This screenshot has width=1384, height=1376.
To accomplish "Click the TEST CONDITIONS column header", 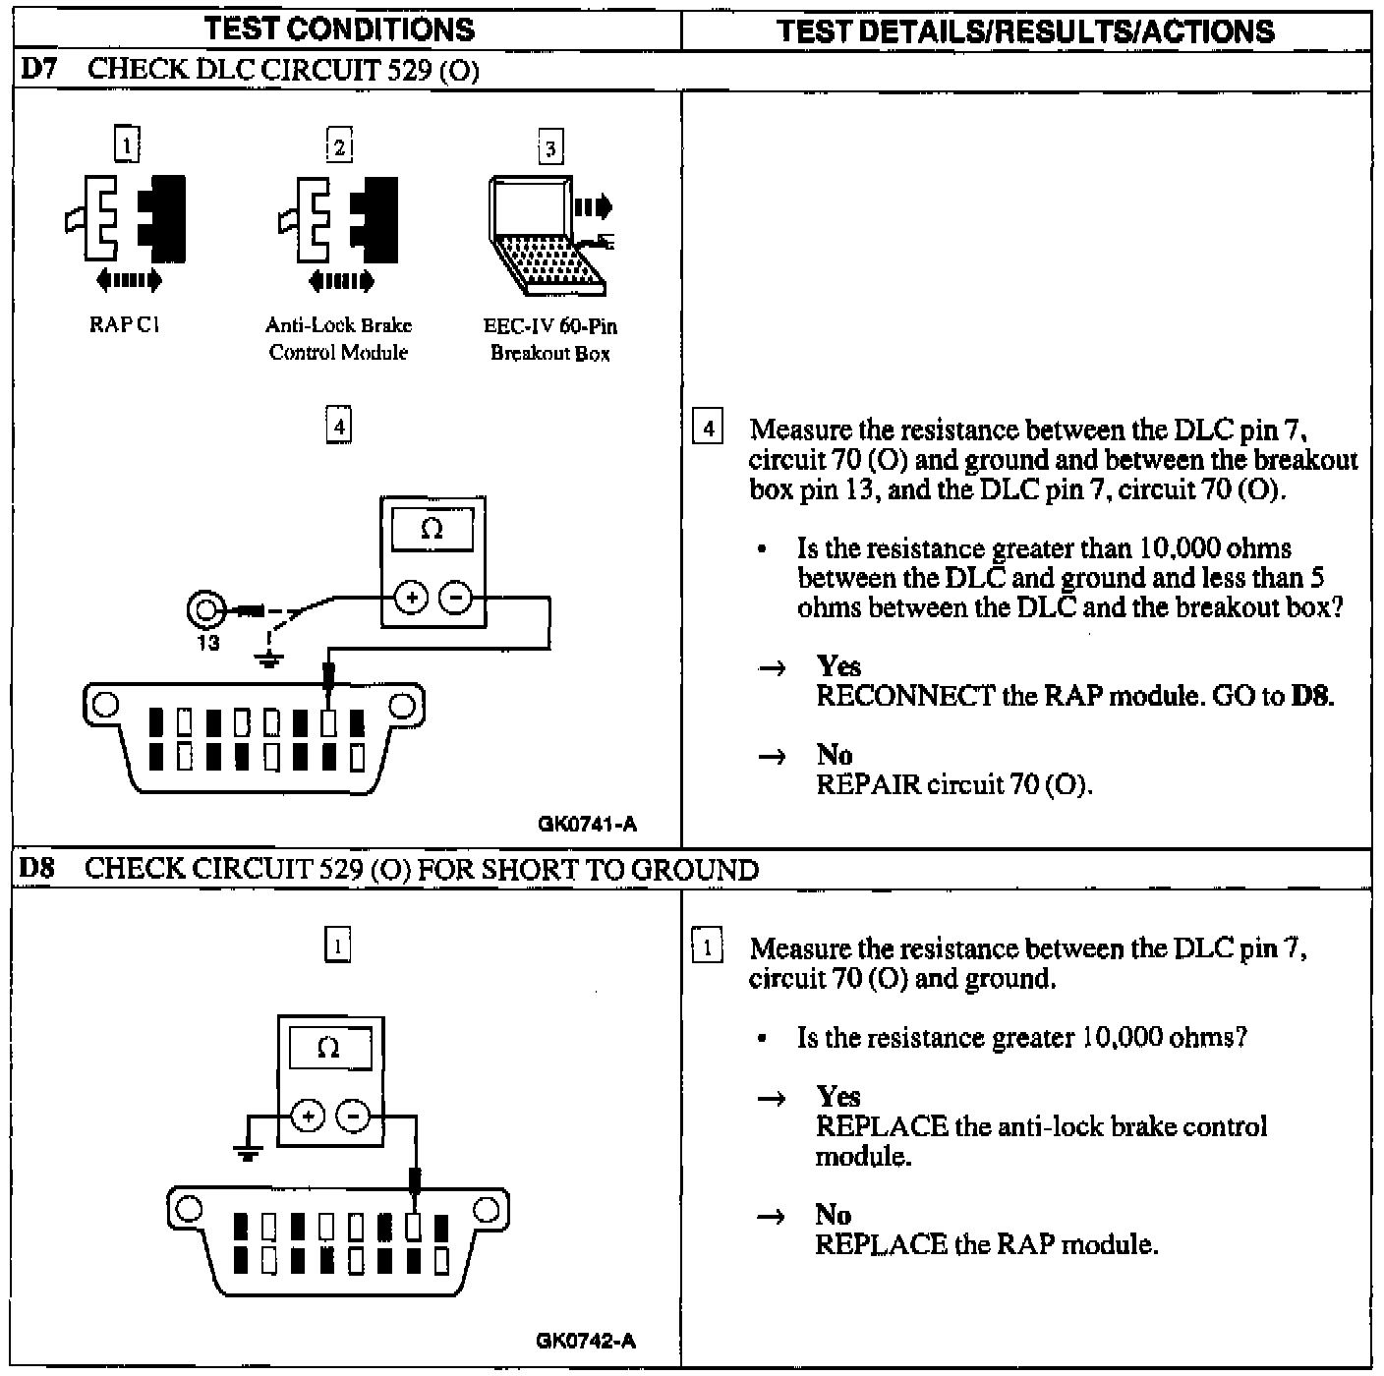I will click(x=339, y=29).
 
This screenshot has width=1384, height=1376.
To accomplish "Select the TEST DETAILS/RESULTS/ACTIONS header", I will click(x=1025, y=31).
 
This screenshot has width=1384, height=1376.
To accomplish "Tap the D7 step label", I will click(x=37, y=70).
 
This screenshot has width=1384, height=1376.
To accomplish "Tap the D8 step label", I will click(x=37, y=869).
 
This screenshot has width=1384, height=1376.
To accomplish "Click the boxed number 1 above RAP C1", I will click(x=127, y=144).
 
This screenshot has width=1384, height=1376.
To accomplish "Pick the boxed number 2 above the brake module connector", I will click(x=339, y=146).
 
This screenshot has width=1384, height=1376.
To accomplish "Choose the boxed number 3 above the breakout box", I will click(x=550, y=148).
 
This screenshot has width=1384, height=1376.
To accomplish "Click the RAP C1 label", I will click(x=125, y=325).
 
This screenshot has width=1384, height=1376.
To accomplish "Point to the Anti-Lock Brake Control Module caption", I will click(x=338, y=339).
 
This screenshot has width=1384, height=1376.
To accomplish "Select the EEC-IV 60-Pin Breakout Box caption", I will click(x=550, y=340).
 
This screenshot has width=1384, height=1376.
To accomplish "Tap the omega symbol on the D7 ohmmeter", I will click(x=432, y=530).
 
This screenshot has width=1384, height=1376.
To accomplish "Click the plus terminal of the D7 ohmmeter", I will click(x=412, y=597).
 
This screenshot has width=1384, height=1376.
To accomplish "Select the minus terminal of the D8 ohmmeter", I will click(x=353, y=1116).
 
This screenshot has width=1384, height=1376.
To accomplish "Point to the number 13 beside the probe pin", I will click(x=208, y=644).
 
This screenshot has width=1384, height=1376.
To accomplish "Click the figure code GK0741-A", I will click(x=587, y=825).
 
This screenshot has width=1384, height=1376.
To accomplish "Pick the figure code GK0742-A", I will click(x=586, y=1341).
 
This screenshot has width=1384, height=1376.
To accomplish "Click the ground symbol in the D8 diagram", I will click(x=247, y=1151).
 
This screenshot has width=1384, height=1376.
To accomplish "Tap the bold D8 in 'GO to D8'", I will click(x=1312, y=697).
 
